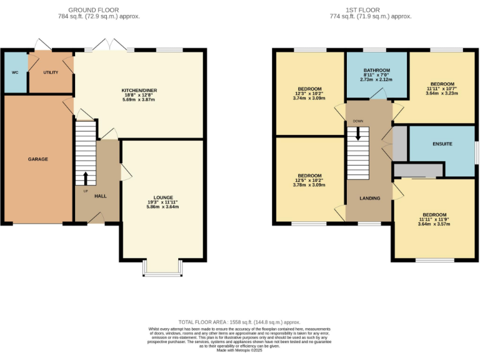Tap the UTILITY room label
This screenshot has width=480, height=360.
(x=51, y=72)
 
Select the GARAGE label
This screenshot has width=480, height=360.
(x=37, y=159)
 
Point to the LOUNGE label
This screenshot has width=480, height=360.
(x=163, y=197)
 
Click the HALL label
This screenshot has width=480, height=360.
(x=100, y=196)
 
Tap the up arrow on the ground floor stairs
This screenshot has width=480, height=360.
(x=86, y=177)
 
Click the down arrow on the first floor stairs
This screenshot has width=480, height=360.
(x=358, y=134)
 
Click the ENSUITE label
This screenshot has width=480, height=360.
(x=442, y=144)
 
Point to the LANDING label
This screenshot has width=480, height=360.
(x=369, y=198)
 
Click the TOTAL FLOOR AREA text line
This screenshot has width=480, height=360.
(x=239, y=320)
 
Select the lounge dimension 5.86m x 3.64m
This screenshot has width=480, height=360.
(x=163, y=207)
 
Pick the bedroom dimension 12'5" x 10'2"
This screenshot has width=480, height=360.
(x=310, y=180)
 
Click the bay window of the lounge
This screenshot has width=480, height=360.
(x=163, y=267)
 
